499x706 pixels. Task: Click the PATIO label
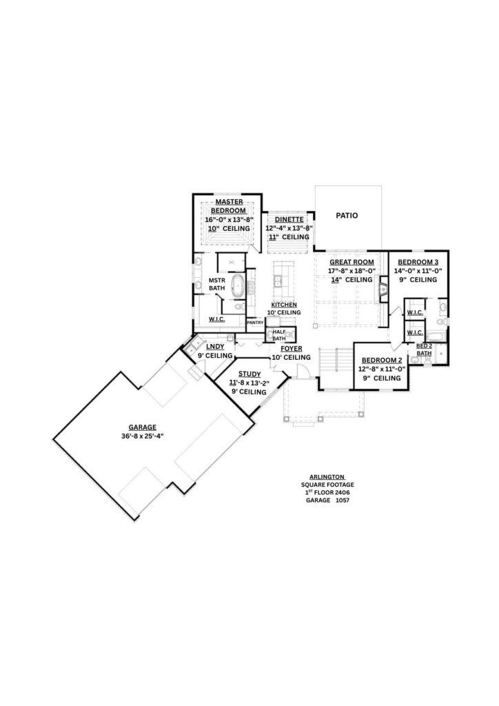[x=347, y=216]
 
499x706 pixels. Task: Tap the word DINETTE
[x=289, y=219]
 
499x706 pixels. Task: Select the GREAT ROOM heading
[x=352, y=262]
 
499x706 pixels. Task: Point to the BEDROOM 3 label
[x=418, y=262]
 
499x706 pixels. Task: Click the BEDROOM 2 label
[x=382, y=360]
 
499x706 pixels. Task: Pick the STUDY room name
[x=250, y=374]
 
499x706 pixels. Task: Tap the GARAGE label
[x=142, y=427]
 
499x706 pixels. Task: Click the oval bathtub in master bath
[x=236, y=286]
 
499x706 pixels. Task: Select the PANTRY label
[x=255, y=323]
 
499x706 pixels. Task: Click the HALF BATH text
[x=279, y=335]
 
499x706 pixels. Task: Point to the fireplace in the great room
[x=383, y=289]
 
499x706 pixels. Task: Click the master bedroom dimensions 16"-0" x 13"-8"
[x=230, y=220]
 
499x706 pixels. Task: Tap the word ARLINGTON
[x=327, y=477]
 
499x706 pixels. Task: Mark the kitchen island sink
[x=278, y=282]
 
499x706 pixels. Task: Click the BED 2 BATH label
[x=424, y=350]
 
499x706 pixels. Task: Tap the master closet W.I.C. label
[x=217, y=319]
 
